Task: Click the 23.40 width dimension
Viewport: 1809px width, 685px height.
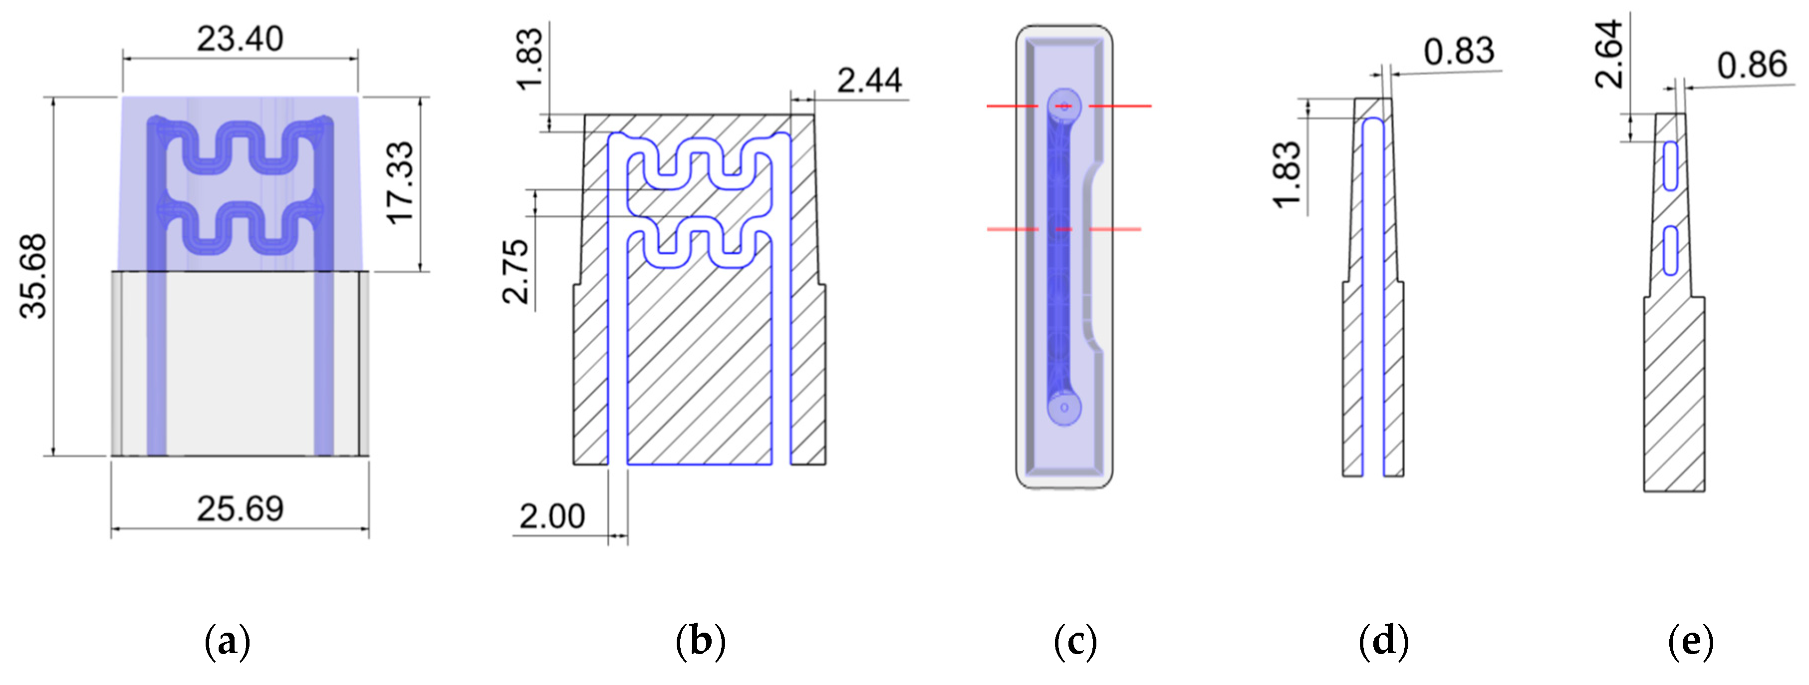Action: tap(240, 38)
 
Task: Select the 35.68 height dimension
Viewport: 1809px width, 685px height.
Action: tap(33, 276)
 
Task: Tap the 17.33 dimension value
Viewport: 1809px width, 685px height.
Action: tap(401, 183)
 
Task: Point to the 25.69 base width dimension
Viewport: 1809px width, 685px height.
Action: tap(240, 509)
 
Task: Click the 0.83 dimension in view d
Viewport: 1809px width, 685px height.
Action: tap(1459, 51)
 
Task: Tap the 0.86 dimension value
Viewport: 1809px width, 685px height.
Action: tap(1752, 65)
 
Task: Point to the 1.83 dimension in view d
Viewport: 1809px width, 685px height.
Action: tap(1287, 175)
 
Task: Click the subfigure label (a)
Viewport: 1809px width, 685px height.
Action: tap(227, 641)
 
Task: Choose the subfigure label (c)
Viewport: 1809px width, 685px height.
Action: tap(1074, 641)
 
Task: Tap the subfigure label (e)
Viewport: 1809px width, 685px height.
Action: tap(1690, 641)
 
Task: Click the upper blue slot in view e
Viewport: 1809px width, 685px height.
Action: tap(1671, 166)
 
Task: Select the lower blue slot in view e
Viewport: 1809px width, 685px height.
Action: tap(1671, 250)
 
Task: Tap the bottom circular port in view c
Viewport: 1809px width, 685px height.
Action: tap(1064, 408)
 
